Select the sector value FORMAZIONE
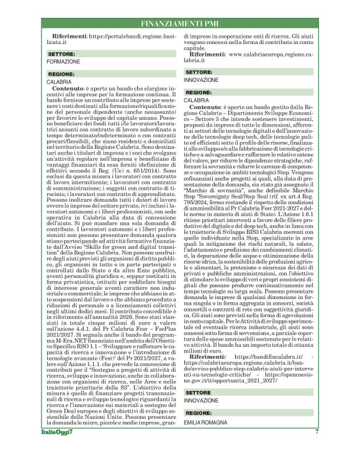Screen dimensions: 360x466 (63, 62)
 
